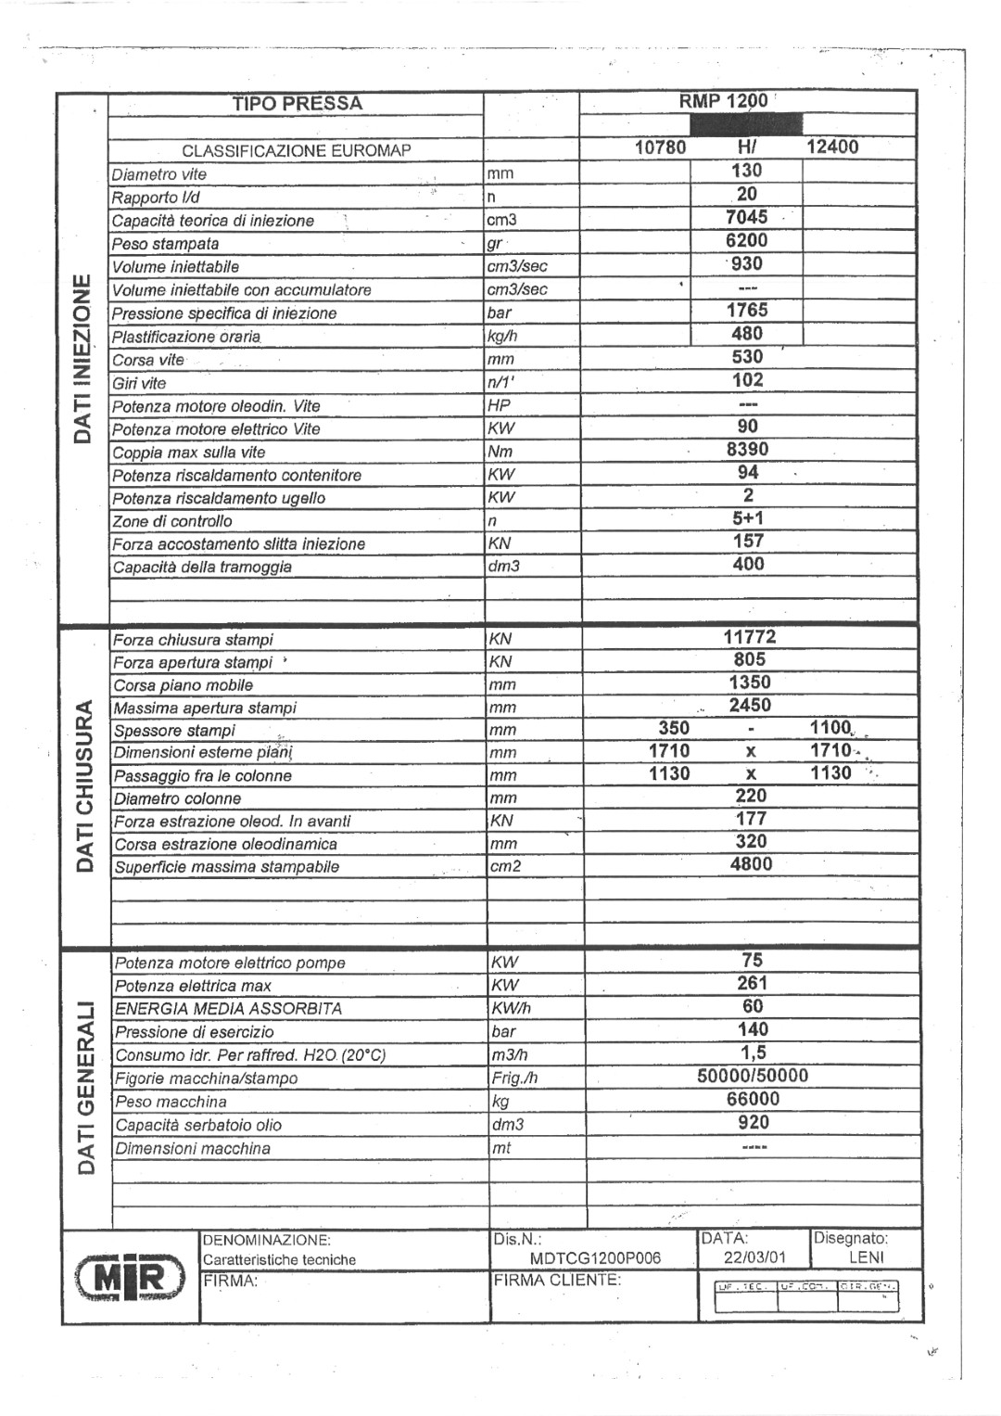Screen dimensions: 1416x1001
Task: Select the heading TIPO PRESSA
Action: [297, 104]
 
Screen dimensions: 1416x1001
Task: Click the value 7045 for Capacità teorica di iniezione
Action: [747, 218]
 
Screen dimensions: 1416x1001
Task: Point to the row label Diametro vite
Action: [159, 174]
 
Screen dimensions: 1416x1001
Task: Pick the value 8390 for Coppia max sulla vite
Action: [747, 450]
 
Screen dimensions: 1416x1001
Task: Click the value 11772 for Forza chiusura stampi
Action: [749, 637]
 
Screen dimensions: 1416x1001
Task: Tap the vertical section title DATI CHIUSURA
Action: [84, 786]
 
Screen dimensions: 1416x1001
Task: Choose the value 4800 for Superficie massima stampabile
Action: [751, 864]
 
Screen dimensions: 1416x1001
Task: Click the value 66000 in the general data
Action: [753, 1100]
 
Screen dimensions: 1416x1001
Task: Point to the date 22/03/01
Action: [754, 1258]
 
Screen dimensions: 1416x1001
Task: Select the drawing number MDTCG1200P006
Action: [596, 1258]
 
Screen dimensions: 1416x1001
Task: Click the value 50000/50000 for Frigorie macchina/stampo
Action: [753, 1077]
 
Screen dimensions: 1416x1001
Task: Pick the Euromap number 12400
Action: [832, 147]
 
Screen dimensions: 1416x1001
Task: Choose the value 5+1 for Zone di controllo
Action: [748, 518]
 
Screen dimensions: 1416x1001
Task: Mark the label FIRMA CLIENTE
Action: [557, 1281]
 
